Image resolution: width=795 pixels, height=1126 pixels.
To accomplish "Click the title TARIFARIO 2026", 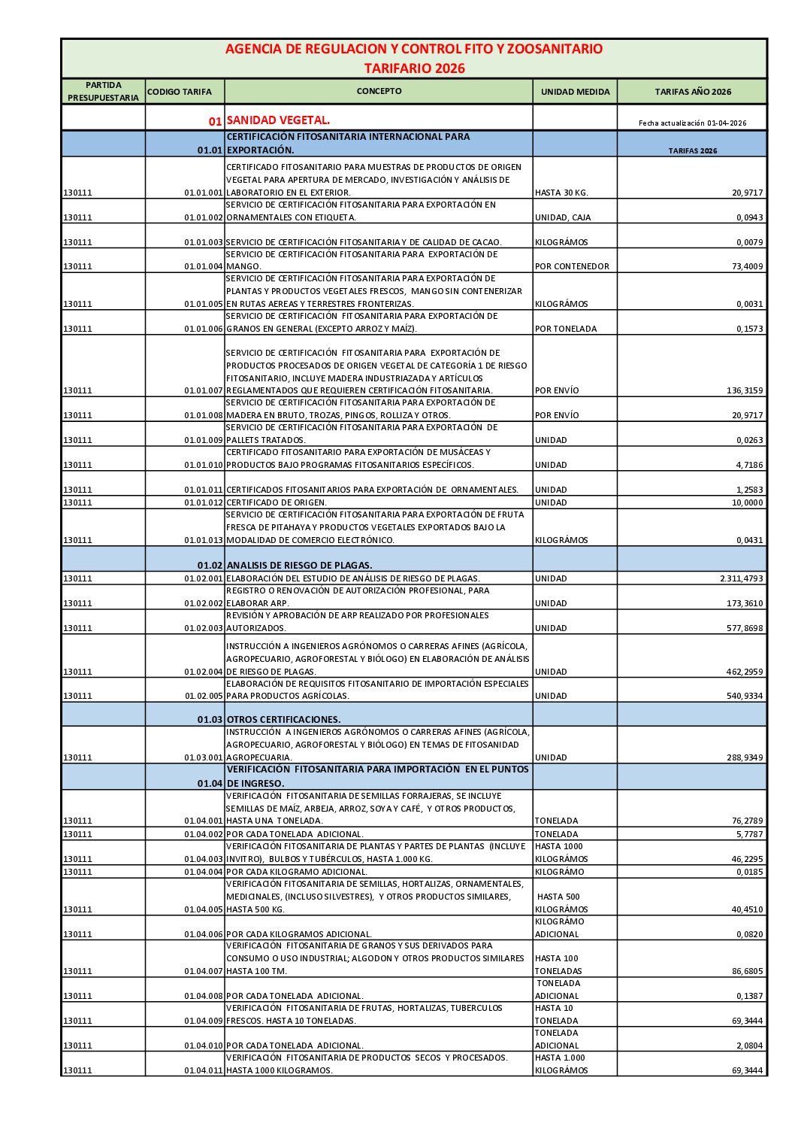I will click(414, 68).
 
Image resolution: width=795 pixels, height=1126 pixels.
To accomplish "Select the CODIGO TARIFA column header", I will click(180, 92).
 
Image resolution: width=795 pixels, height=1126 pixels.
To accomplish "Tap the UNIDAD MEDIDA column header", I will click(575, 92).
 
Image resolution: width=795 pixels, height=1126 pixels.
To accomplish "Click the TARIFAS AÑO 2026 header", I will click(692, 92).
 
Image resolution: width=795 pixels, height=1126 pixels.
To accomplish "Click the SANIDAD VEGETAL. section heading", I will click(278, 120).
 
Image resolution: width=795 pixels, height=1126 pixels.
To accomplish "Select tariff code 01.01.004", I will click(204, 267).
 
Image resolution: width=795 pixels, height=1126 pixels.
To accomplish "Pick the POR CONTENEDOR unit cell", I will click(572, 267).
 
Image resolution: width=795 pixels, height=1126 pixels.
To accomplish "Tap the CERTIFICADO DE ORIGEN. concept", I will click(277, 502).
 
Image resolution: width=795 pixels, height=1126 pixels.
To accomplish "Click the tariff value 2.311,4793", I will click(741, 579).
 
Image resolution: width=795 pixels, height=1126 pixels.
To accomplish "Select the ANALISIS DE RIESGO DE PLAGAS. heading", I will click(299, 565).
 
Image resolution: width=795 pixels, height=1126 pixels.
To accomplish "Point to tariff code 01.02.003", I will click(204, 629).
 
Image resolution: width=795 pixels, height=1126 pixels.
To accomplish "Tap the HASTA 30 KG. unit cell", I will click(561, 193).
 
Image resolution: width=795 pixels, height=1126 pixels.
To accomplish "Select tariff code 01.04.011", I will click(204, 1071).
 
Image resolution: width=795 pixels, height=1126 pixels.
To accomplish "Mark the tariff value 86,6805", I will click(747, 972).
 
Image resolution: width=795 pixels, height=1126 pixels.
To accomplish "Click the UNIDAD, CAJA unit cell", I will click(563, 218).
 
